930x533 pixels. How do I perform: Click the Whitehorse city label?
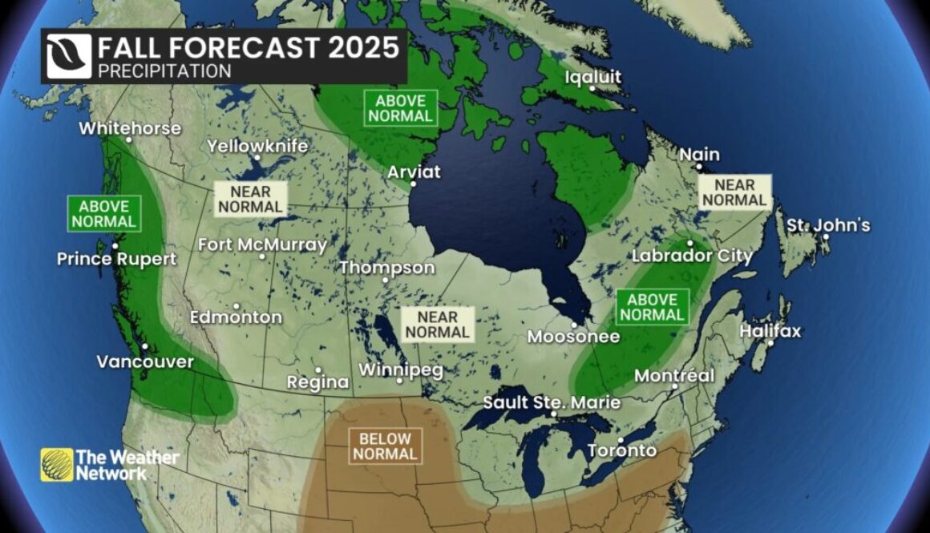[x=130, y=128]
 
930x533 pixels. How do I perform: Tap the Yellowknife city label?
[x=257, y=147]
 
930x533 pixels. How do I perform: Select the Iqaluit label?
[x=592, y=78]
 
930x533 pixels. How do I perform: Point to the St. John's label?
[x=827, y=225]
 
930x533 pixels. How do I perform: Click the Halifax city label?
[x=770, y=331]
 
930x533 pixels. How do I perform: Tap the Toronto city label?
[x=622, y=450]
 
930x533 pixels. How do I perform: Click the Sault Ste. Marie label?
[x=552, y=402]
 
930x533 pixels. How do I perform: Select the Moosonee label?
[x=573, y=337]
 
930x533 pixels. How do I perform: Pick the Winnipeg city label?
[x=400, y=370]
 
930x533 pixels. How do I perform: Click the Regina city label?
[x=318, y=382]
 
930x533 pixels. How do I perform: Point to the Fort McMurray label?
[x=262, y=245]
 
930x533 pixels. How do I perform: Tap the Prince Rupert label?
[x=116, y=259]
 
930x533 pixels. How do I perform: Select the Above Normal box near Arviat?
[x=401, y=107]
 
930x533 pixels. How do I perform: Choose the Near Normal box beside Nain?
[x=734, y=192]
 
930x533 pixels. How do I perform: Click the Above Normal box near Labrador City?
[x=652, y=307]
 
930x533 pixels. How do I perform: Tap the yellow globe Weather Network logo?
[x=57, y=465]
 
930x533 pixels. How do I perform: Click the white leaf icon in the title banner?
[x=69, y=56]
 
